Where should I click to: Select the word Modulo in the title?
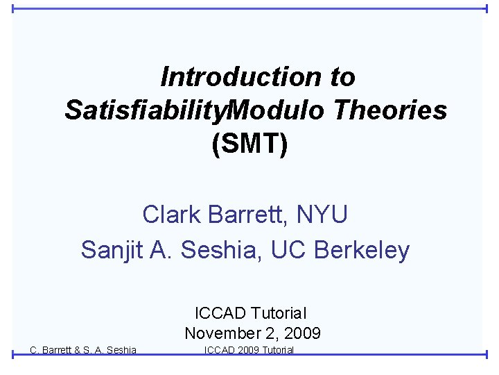275,110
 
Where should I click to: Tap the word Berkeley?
362,249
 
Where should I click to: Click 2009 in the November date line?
301,333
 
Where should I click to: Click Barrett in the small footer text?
59,350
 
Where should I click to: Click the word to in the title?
342,77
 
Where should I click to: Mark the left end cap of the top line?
13,9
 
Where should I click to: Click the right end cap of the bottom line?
486,354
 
